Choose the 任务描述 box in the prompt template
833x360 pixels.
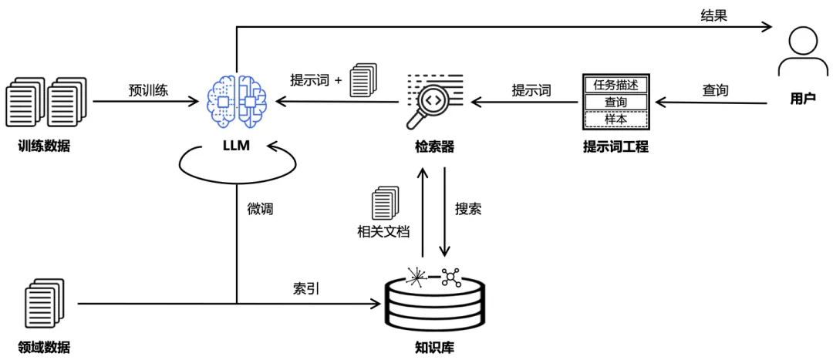coord(615,85)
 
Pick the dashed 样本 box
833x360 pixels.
coord(615,119)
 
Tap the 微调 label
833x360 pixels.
coord(259,209)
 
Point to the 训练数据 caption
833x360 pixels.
coord(44,146)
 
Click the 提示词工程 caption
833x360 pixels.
coord(615,146)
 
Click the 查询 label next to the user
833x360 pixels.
coord(714,89)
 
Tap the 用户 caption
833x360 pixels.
coord(803,99)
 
